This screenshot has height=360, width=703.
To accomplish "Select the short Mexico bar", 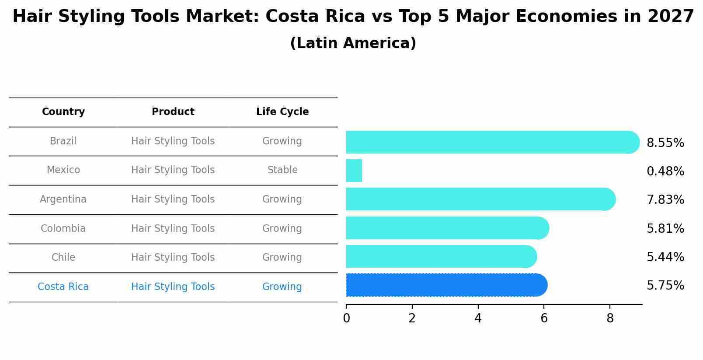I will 354,171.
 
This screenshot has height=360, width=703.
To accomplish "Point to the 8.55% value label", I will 665,143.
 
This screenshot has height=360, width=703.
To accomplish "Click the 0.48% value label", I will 665,171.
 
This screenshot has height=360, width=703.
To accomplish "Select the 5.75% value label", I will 665,286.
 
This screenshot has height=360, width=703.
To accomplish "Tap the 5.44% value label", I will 665,257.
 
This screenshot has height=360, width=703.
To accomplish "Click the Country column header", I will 63,112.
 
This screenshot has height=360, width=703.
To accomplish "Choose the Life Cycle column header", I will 282,112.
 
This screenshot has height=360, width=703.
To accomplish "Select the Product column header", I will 173,112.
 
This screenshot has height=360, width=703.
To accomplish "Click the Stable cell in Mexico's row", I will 282,170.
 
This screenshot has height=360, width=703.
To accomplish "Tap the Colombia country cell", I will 63,229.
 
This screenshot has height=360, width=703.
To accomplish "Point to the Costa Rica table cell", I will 63,287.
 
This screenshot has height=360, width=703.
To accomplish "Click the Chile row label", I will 63,258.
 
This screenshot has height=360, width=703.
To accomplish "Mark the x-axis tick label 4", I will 478,319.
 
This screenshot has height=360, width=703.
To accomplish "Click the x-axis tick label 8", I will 610,319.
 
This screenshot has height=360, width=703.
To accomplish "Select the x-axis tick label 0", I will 346,319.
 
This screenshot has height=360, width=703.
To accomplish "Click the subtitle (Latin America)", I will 353,43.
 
